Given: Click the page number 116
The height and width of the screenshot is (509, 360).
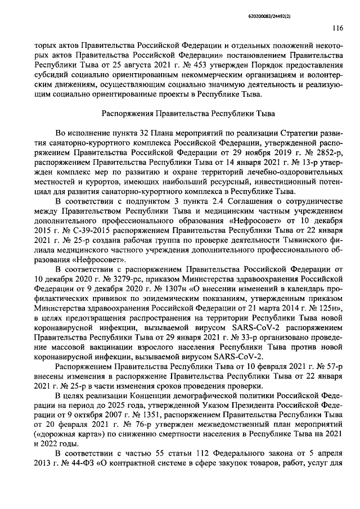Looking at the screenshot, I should click(337, 26).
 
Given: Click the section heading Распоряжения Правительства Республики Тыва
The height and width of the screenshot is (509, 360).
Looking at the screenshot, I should click(188, 114).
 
